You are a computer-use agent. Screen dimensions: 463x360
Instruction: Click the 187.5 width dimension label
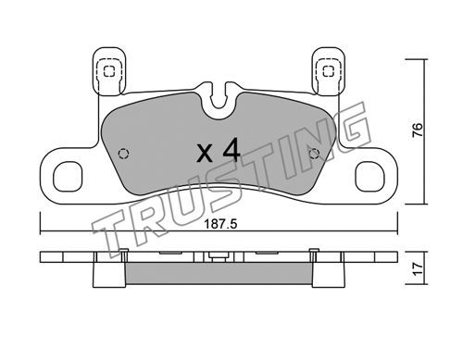[x=220, y=224]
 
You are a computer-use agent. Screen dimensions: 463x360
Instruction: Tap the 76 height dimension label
[x=418, y=130]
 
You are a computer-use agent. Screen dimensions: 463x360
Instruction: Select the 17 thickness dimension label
[x=418, y=269]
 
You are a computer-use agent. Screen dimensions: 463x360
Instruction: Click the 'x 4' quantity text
[x=219, y=151]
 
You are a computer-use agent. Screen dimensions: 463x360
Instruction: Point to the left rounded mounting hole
[x=68, y=177]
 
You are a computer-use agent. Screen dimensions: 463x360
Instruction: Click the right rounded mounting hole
[x=370, y=177]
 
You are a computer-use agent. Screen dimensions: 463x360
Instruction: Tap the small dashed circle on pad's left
[x=123, y=154]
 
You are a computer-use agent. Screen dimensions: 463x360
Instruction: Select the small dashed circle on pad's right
[x=314, y=154]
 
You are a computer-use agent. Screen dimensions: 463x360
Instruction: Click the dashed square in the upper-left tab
[x=109, y=71]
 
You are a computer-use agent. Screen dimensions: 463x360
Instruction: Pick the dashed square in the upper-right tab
[x=328, y=71]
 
